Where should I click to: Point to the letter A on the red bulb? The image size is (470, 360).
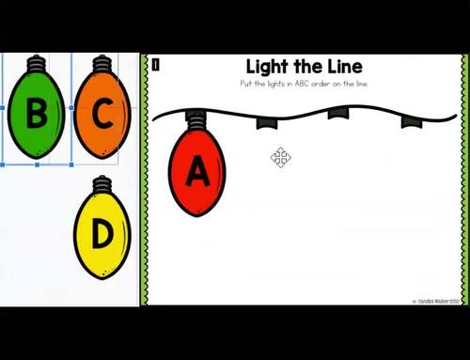(x=197, y=172)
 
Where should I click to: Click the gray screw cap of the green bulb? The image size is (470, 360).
(x=37, y=65)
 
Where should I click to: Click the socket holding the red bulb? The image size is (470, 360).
(x=196, y=119)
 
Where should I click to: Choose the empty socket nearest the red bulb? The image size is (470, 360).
(x=267, y=122)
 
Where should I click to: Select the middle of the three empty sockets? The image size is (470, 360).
(x=337, y=114)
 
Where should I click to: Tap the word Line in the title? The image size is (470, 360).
(x=339, y=67)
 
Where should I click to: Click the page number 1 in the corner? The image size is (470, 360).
(x=155, y=64)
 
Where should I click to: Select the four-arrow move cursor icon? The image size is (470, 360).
(x=280, y=157)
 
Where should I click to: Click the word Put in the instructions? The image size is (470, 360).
(x=246, y=84)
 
